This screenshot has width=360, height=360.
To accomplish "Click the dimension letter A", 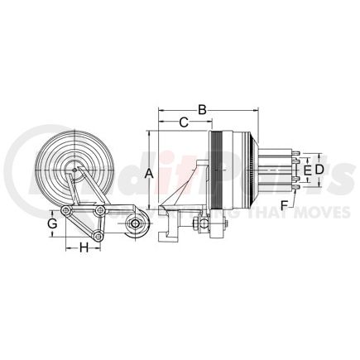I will point(149,173).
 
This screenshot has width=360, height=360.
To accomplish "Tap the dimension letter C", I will point(184,122).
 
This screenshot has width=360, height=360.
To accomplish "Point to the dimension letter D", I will point(318,170).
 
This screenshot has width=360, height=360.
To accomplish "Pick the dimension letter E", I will point(305,170).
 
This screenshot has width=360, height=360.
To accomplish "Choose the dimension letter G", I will point(51,223).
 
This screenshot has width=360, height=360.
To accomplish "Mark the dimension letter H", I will point(84,247).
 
